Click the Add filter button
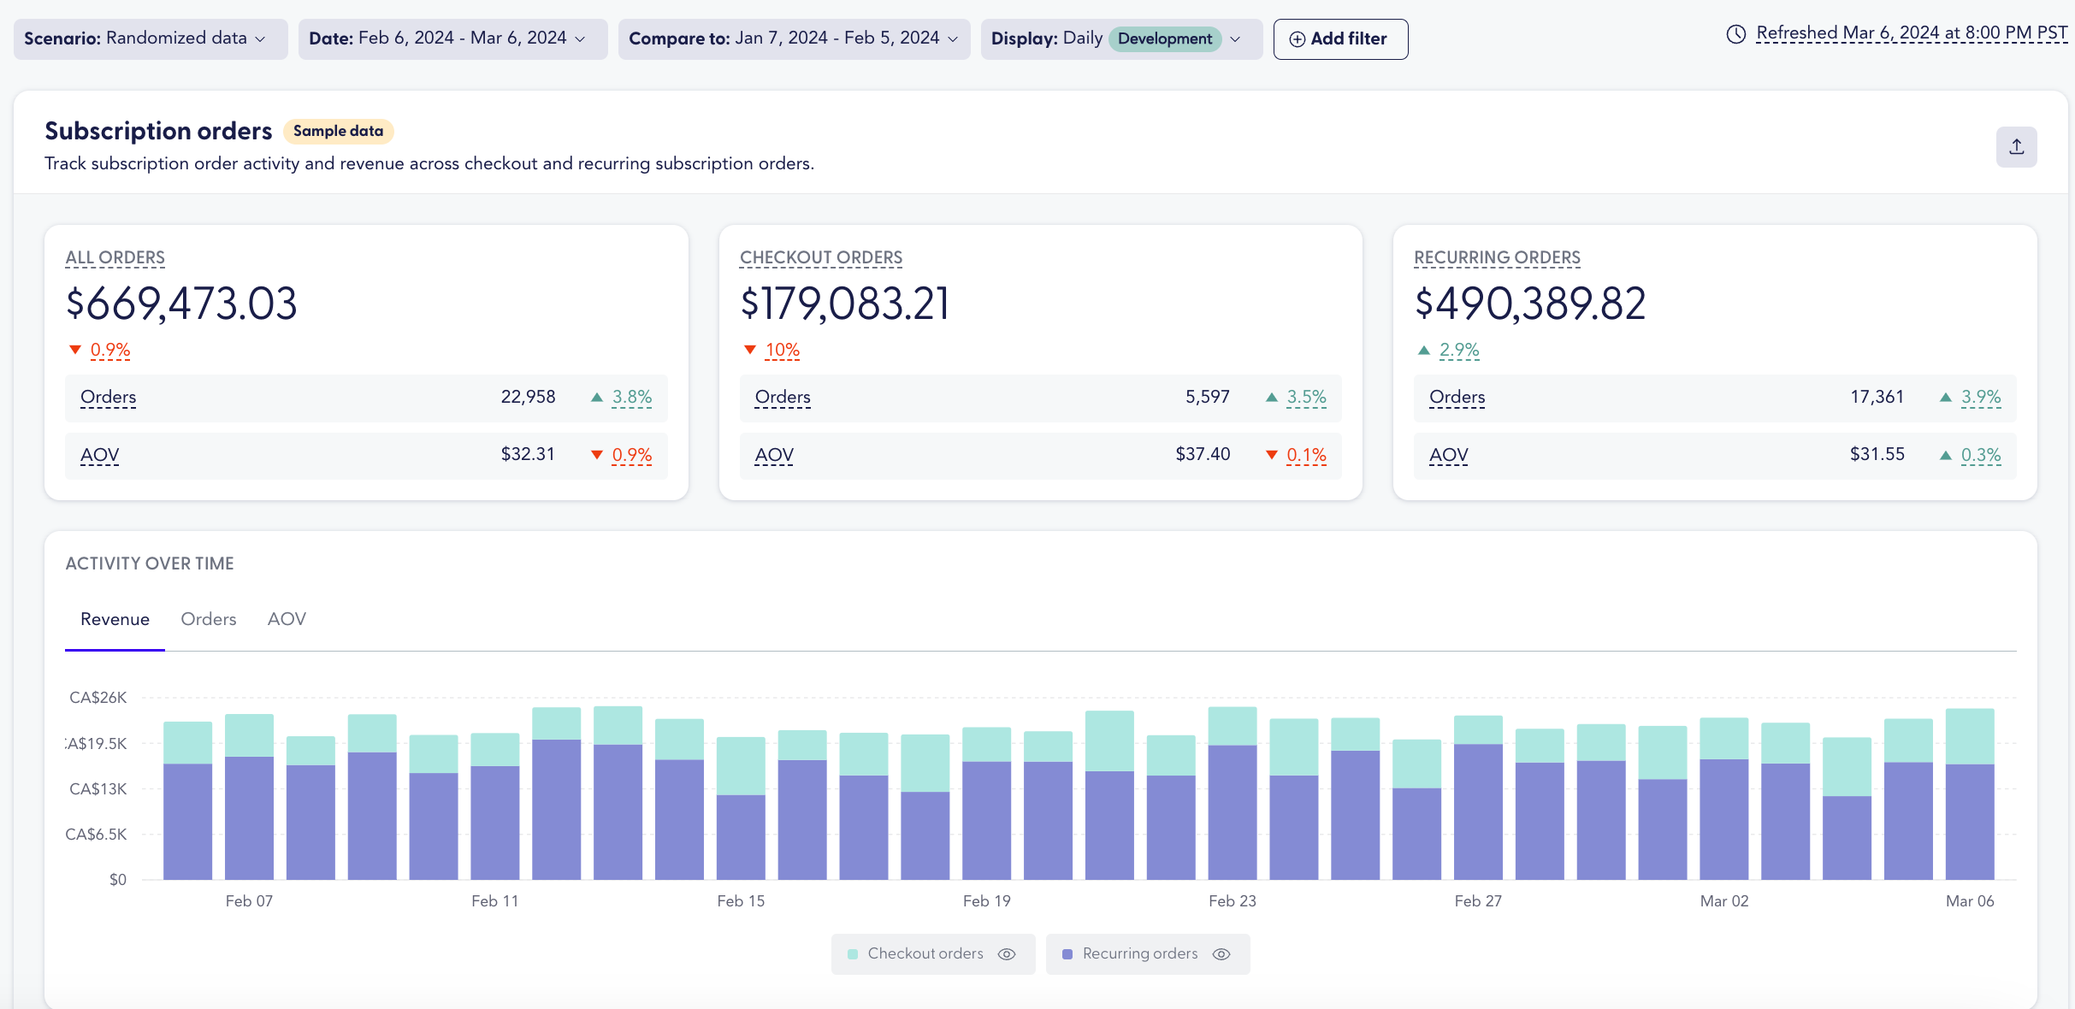pyautogui.click(x=1339, y=39)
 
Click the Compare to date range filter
pyautogui.click(x=793, y=38)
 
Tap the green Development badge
pyautogui.click(x=1164, y=39)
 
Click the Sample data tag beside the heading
pyautogui.click(x=338, y=131)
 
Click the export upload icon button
pyautogui.click(x=2016, y=147)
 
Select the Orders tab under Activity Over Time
pyautogui.click(x=208, y=619)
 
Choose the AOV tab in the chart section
pyautogui.click(x=287, y=619)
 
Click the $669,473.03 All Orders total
pyautogui.click(x=181, y=304)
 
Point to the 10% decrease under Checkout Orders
pyautogui.click(x=781, y=350)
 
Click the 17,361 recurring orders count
pyautogui.click(x=1877, y=397)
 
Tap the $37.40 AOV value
pyautogui.click(x=1202, y=454)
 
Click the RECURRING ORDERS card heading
pyautogui.click(x=1496, y=257)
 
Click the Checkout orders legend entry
pyautogui.click(x=925, y=953)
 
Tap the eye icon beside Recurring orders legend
pyautogui.click(x=1221, y=954)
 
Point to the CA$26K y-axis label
pyautogui.click(x=98, y=698)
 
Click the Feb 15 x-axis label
pyautogui.click(x=741, y=901)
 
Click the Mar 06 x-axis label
pyautogui.click(x=1969, y=901)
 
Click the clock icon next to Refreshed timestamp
pyautogui.click(x=1735, y=34)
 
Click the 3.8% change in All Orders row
pyautogui.click(x=631, y=397)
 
